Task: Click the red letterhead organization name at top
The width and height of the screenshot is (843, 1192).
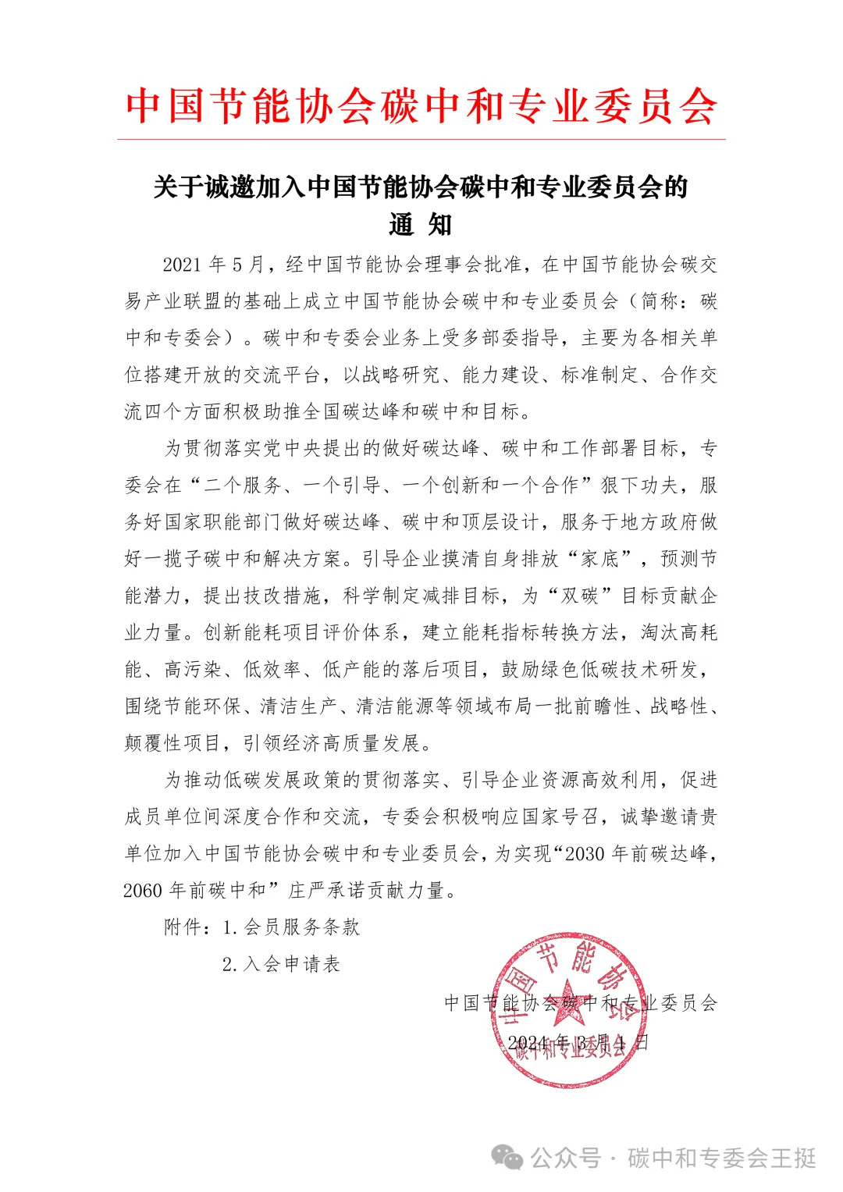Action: tap(421, 107)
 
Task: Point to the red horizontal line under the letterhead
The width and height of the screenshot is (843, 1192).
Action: tap(421, 140)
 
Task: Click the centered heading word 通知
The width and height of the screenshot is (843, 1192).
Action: tap(421, 225)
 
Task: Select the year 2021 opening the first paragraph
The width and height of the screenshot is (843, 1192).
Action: tap(182, 265)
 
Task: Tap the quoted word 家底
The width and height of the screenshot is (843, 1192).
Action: tap(599, 559)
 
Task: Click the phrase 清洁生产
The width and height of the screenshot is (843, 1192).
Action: tap(300, 706)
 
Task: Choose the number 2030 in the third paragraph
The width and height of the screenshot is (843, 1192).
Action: tap(585, 854)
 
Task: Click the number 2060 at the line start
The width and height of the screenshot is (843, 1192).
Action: tap(143, 891)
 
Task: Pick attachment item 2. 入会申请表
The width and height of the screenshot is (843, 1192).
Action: tap(281, 964)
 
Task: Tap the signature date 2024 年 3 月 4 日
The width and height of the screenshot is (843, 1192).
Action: tap(578, 1043)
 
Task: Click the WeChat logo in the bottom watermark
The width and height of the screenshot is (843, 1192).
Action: tap(508, 1157)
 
